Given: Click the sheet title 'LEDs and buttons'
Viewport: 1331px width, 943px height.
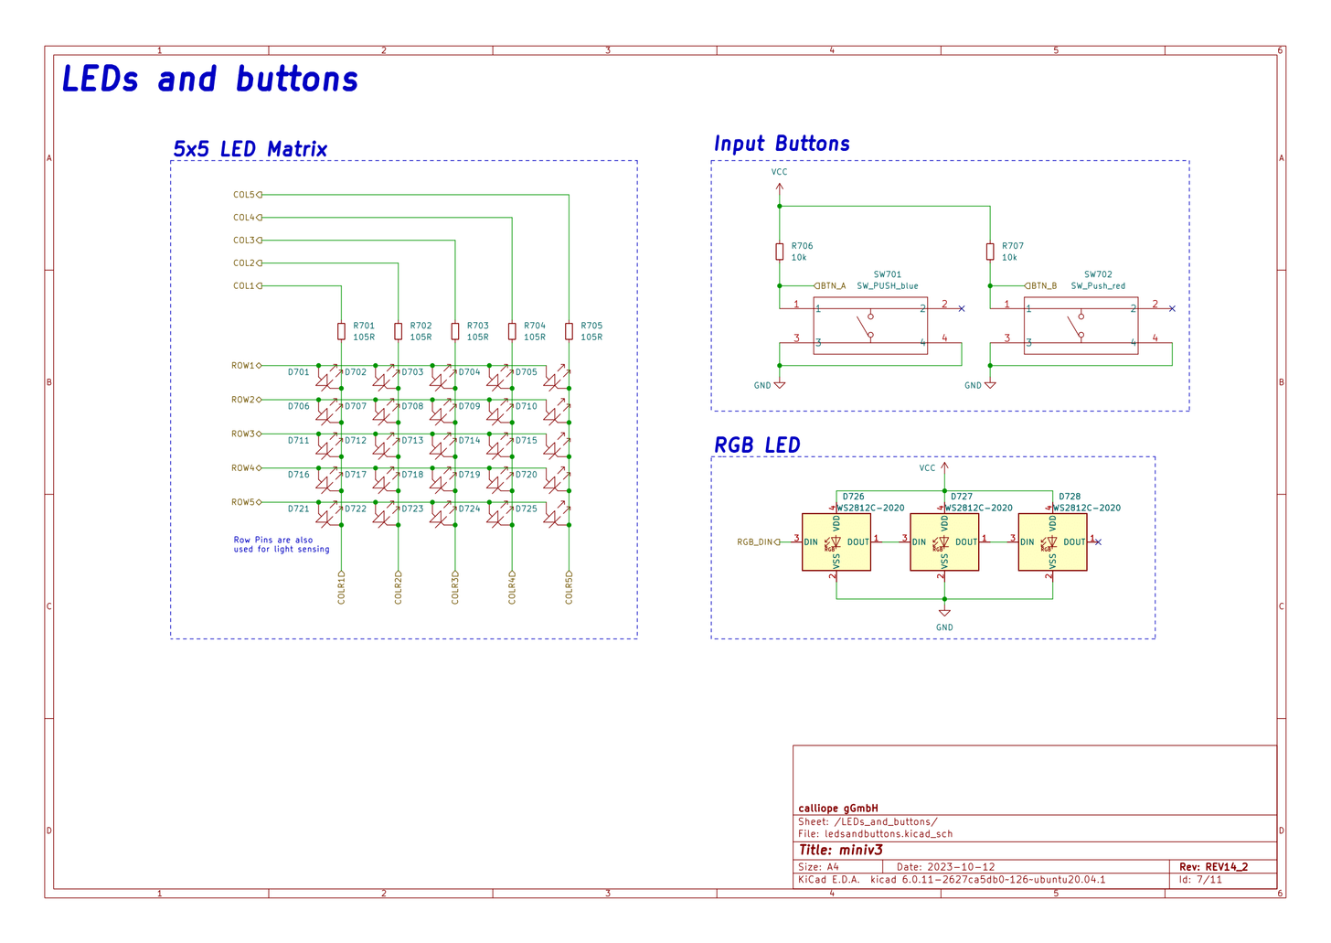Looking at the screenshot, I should click(209, 80).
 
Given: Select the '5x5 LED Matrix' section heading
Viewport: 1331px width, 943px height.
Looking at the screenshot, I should click(250, 149).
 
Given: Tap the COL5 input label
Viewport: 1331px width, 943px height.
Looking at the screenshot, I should click(244, 195).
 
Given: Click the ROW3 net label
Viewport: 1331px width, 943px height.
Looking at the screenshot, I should click(243, 434).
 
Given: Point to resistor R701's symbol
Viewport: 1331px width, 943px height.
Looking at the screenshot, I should click(341, 331).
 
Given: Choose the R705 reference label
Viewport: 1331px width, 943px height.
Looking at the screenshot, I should click(591, 326).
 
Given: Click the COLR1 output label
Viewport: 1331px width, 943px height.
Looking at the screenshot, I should click(341, 588).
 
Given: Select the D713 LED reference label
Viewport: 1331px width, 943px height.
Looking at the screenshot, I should click(413, 441).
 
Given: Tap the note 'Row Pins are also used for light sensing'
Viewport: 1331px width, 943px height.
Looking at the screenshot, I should click(281, 544).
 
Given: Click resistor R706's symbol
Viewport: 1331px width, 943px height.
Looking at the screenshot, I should click(779, 252).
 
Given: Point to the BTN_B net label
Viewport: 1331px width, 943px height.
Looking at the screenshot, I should click(1043, 286).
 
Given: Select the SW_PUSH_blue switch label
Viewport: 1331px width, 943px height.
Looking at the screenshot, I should click(887, 286).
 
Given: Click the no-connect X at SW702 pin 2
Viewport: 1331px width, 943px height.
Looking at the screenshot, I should click(1172, 309).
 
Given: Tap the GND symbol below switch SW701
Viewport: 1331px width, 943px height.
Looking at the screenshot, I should click(779, 385).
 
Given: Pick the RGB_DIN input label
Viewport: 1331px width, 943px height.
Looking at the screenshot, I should click(755, 542).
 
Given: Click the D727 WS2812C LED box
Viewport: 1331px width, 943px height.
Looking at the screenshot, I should click(943, 542).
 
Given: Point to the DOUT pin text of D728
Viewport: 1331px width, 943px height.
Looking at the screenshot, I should click(1073, 542).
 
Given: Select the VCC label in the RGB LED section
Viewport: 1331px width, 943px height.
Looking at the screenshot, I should click(927, 468).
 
